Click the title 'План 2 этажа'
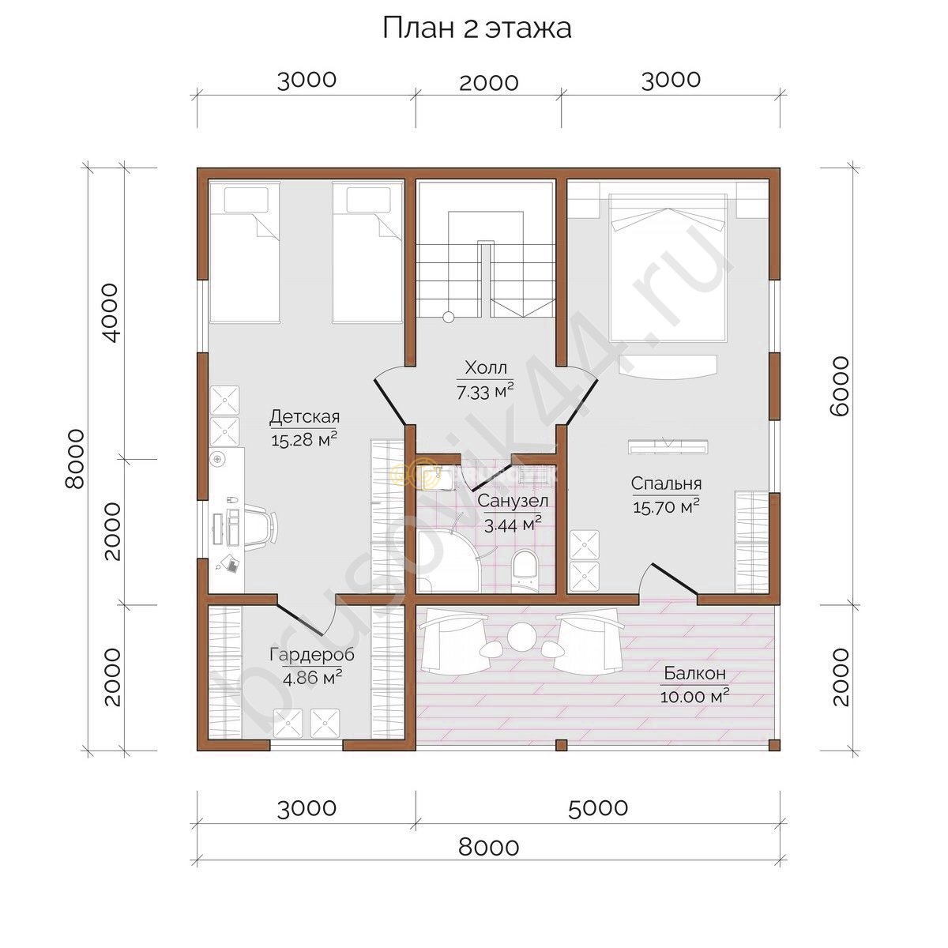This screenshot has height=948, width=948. point(476,29)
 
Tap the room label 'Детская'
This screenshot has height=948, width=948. point(304,417)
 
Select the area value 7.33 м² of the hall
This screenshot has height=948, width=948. point(485,391)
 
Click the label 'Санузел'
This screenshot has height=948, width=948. point(513,502)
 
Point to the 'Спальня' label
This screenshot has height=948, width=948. point(666,483)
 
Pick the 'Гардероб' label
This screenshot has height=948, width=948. point(312,655)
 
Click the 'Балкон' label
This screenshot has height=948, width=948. point(694,673)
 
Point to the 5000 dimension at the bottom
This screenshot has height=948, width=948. point(598,807)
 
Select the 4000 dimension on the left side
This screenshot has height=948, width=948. point(109,312)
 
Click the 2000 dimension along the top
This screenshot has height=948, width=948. point(488,83)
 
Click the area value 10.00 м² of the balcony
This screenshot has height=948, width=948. point(694,696)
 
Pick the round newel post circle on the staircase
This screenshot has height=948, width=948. point(448,317)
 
